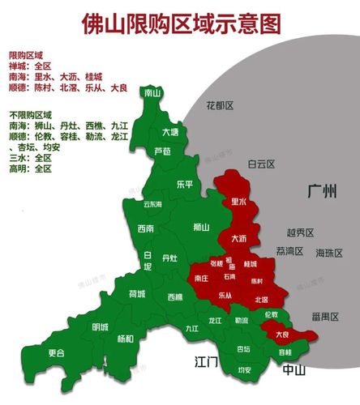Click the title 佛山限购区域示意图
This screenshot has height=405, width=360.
coord(181,23)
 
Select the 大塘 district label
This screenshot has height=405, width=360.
coord(169,132)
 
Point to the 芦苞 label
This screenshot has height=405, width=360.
coord(162,151)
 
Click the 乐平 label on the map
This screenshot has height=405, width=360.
coord(185,184)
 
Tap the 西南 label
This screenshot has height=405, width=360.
coord(146,228)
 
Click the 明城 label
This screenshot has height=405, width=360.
coord(101,326)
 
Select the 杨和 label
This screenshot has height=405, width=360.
coord(125,338)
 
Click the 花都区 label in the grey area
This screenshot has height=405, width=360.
coord(219,105)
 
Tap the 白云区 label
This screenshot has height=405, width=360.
coord(262,164)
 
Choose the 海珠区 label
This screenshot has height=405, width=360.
coord(330,252)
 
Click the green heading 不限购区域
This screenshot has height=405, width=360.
coord(30,115)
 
